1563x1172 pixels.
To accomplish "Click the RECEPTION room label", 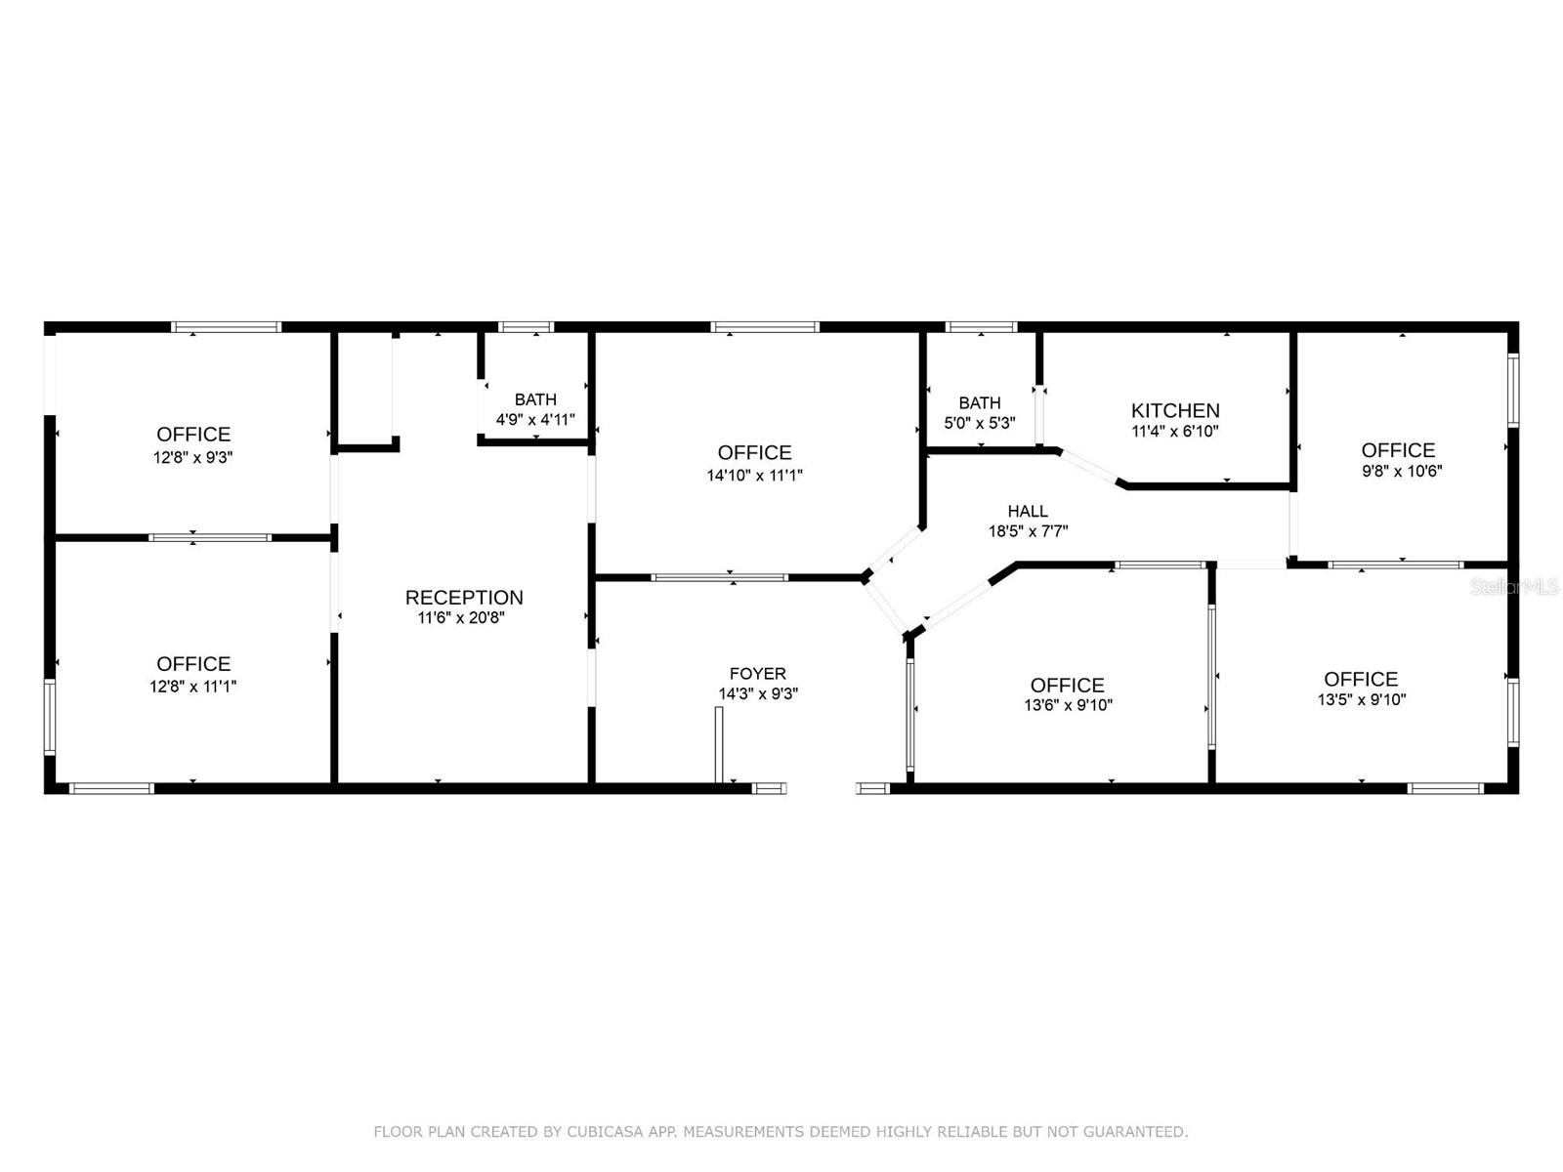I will [464, 598].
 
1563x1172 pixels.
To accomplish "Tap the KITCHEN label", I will [1175, 411].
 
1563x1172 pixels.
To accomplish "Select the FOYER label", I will [758, 674].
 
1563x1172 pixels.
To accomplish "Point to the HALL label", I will [1028, 511].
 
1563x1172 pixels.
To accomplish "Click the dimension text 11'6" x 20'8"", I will [461, 618].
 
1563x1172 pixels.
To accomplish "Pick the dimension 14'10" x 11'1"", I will [755, 476].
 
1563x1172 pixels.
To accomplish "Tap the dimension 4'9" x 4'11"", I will [535, 420].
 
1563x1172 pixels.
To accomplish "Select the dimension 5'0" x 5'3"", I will [980, 424].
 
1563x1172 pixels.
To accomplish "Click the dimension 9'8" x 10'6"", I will [1402, 471].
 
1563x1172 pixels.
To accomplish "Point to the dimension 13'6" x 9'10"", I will [1068, 705].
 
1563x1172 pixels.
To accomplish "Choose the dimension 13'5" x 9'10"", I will [1362, 699].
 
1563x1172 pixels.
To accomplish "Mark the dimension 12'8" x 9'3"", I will [193, 457].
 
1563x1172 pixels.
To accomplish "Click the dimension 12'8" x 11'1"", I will [193, 687].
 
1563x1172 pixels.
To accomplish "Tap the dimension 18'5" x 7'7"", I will [1028, 532].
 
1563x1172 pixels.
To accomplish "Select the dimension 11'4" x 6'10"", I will [1175, 432].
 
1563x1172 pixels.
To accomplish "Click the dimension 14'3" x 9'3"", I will [758, 694].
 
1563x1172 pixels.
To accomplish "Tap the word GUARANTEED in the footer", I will [1136, 1132].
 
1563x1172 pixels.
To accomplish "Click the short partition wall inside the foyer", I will [719, 744].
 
